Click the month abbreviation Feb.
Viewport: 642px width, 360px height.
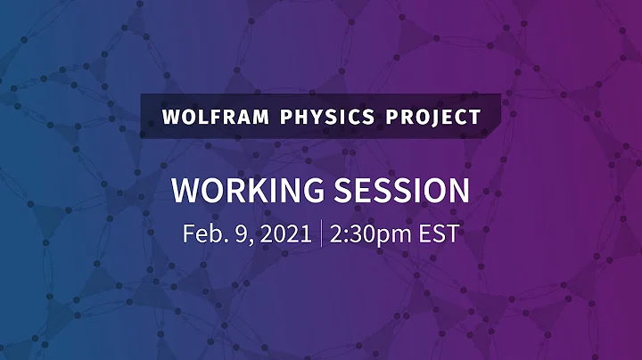click(203, 234)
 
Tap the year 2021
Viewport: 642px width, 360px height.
click(281, 234)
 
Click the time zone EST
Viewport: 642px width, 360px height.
click(439, 234)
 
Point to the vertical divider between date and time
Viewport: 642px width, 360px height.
click(319, 234)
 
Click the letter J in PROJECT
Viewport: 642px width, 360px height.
click(438, 117)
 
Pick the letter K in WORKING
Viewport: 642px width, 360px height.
click(249, 190)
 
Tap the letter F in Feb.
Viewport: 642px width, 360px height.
click(189, 234)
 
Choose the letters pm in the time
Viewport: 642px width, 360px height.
click(395, 237)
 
